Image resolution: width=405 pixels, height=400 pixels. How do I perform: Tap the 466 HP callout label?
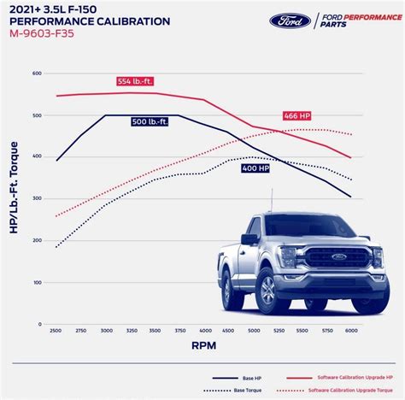(296, 115)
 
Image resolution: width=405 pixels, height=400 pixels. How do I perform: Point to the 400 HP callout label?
(255, 168)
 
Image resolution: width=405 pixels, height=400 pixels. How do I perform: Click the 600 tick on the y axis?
(38, 74)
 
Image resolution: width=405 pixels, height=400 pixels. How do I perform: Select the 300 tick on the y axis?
(38, 198)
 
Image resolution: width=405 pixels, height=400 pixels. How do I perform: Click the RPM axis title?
(202, 348)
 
